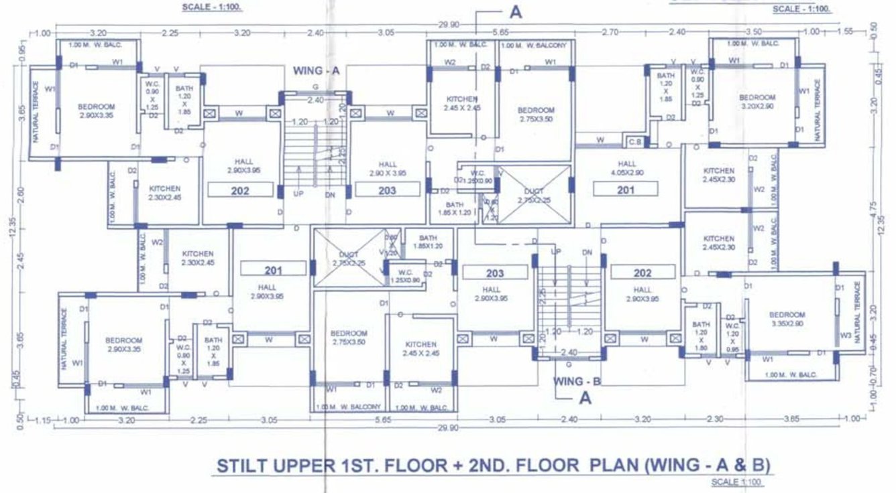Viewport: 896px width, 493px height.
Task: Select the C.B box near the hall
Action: click(634, 141)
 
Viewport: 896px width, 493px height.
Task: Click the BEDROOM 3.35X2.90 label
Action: click(787, 319)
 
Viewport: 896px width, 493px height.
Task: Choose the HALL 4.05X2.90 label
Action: click(627, 168)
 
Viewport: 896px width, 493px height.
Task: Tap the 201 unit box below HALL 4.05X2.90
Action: click(625, 190)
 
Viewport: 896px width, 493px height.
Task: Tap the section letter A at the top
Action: click(515, 12)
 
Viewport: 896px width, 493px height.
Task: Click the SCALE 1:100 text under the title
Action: click(737, 482)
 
